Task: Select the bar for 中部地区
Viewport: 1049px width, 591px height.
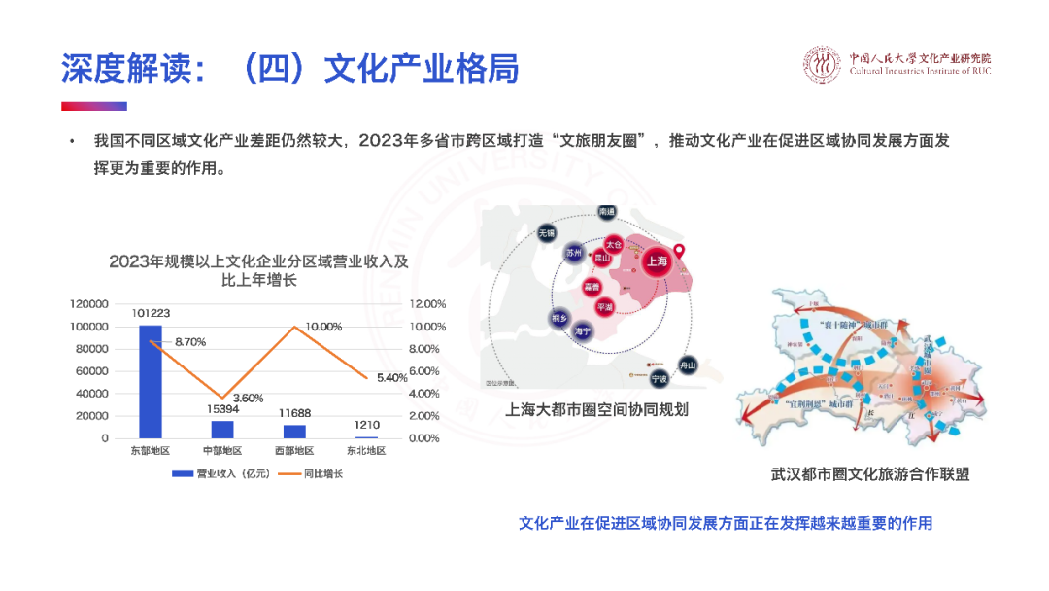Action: click(222, 429)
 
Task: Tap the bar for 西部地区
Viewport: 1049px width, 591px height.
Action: click(294, 431)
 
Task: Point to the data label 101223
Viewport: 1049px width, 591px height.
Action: click(151, 313)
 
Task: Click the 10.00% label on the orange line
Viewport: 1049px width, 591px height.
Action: click(323, 327)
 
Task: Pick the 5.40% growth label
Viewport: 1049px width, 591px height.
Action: click(391, 377)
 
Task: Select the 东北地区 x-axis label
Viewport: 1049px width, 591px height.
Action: click(366, 451)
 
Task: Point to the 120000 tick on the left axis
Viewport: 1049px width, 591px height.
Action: click(89, 304)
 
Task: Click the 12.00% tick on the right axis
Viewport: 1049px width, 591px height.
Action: click(426, 304)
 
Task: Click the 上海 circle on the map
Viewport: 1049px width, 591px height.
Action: click(656, 261)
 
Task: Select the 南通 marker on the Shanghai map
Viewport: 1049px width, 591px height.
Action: click(608, 211)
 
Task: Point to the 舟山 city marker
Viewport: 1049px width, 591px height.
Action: click(689, 365)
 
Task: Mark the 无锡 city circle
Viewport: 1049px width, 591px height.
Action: click(547, 233)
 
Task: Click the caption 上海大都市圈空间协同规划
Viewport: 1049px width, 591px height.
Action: click(597, 409)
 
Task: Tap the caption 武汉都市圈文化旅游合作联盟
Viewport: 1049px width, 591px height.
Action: click(870, 475)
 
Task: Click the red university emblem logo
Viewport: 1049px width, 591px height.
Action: click(824, 64)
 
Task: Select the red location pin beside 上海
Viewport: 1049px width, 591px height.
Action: click(680, 253)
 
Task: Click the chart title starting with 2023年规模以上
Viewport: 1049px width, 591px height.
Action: click(259, 270)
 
